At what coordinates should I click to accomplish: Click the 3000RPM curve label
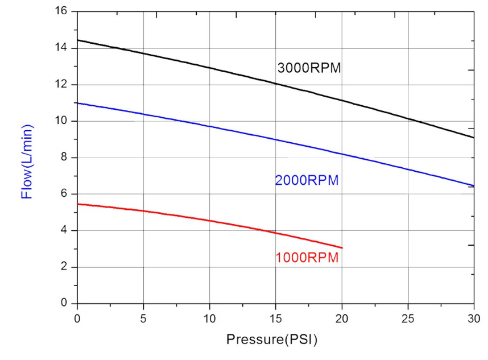coord(309,68)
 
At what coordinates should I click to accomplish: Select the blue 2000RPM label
coord(307,181)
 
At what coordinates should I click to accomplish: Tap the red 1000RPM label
coord(307,258)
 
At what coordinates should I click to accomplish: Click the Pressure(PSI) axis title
coord(272,340)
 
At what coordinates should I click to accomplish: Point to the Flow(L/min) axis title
coord(26,161)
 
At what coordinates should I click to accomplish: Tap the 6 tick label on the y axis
coord(64,194)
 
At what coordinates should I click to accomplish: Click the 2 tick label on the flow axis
coord(64,267)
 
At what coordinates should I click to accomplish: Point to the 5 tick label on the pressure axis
coord(143,317)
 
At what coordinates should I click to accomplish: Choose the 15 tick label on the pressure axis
coord(276,317)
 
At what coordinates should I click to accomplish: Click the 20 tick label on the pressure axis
coord(342,317)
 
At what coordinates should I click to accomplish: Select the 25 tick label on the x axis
coord(408,317)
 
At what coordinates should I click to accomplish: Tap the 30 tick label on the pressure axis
coord(474,317)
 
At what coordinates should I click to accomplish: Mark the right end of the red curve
coord(342,247)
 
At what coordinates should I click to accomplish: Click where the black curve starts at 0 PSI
coord(77,40)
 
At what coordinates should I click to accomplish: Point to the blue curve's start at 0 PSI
coord(77,103)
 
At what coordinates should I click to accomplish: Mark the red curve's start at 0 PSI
coord(77,204)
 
